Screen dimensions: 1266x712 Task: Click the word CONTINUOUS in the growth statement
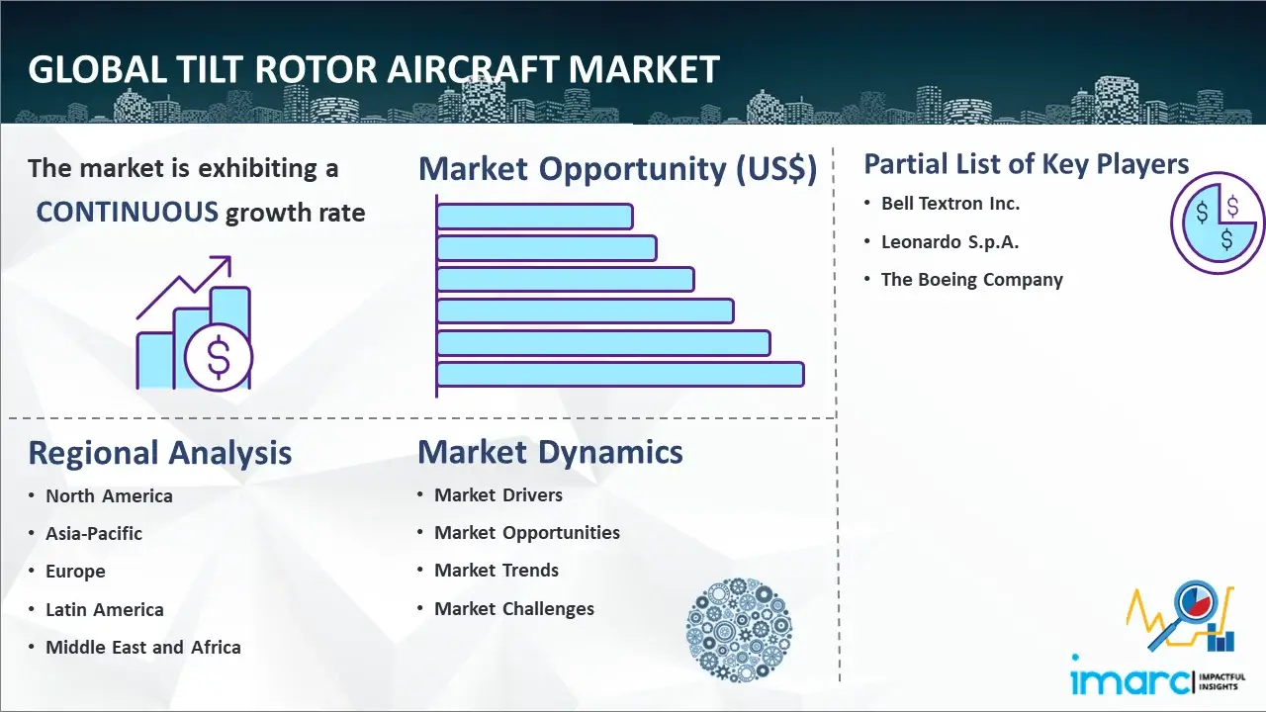pyautogui.click(x=127, y=213)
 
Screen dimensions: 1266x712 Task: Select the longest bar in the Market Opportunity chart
pyautogui.click(x=620, y=375)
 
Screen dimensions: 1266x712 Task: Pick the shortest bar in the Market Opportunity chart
pyautogui.click(x=535, y=217)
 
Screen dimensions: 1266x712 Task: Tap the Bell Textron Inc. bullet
pyautogui.click(x=950, y=204)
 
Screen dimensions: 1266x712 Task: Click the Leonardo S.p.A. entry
pyautogui.click(x=950, y=242)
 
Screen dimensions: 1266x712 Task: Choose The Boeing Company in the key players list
pyautogui.click(x=972, y=280)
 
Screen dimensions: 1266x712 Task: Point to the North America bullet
pyautogui.click(x=109, y=496)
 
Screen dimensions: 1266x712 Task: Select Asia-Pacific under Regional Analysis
pyautogui.click(x=94, y=533)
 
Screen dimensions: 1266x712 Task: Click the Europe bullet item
pyautogui.click(x=75, y=572)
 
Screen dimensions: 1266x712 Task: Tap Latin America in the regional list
pyautogui.click(x=105, y=610)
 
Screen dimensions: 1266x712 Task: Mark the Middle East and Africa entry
pyautogui.click(x=143, y=647)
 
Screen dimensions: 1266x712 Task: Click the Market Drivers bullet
pyautogui.click(x=497, y=495)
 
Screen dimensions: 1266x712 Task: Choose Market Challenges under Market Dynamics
pyautogui.click(x=513, y=608)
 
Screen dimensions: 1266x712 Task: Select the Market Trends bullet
pyautogui.click(x=497, y=571)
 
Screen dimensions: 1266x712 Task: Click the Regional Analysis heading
pyautogui.click(x=160, y=453)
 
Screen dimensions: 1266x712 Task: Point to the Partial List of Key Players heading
pyautogui.click(x=1027, y=164)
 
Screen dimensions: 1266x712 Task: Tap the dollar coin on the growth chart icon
pyautogui.click(x=219, y=357)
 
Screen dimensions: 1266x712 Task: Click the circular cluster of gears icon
pyautogui.click(x=739, y=630)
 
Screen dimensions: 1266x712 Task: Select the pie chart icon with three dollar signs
pyautogui.click(x=1217, y=223)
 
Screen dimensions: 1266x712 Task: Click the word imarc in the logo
pyautogui.click(x=1130, y=679)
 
